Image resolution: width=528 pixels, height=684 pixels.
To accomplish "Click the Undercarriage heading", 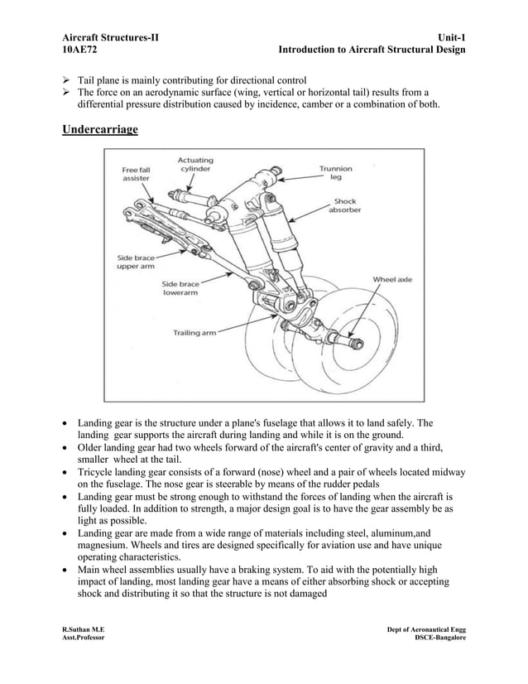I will pos(100,131).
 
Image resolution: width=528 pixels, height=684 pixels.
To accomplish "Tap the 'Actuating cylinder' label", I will pos(194,164).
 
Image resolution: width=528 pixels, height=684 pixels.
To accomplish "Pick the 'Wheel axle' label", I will pos(391,279).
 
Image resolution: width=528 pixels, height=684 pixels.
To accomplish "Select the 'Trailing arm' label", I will pos(194,333).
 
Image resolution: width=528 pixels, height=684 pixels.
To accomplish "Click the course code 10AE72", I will pos(82,51).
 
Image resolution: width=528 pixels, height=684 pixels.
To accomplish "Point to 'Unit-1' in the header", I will pos(446,37).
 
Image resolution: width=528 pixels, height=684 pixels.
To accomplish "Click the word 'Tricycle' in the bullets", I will pos(97,472).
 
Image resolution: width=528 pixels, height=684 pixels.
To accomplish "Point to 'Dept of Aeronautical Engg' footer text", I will pos(425,631).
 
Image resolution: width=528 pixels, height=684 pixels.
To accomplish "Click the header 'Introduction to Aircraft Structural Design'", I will pos(372,51).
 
